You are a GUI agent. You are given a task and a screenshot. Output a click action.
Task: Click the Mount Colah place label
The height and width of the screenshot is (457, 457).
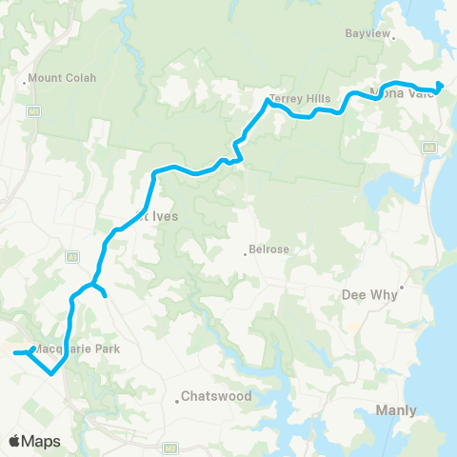pyautogui.click(x=63, y=78)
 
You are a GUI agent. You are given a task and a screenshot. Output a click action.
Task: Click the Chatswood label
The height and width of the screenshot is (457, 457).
pyautogui.click(x=216, y=396)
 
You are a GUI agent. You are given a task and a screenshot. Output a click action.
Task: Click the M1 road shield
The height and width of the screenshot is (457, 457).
pyautogui.click(x=34, y=110)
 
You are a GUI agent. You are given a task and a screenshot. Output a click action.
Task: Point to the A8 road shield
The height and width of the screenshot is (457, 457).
pyautogui.click(x=428, y=149)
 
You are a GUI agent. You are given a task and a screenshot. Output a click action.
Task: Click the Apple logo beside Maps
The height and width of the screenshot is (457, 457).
pyautogui.click(x=15, y=441)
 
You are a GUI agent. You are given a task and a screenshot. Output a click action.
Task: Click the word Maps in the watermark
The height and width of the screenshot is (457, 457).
pyautogui.click(x=43, y=441)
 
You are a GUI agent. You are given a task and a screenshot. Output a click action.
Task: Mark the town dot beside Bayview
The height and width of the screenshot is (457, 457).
pyautogui.click(x=393, y=39)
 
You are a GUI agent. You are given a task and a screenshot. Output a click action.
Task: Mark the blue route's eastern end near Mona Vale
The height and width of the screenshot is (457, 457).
pyautogui.click(x=439, y=93)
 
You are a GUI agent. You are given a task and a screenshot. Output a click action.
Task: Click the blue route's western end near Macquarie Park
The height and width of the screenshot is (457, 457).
pyautogui.click(x=14, y=353)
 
